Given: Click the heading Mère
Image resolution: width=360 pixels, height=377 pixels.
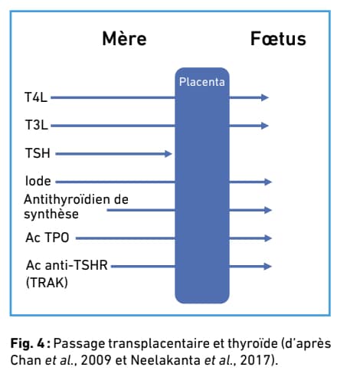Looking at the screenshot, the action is [x=124, y=38].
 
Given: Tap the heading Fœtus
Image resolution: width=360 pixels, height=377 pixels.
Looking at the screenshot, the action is [x=278, y=38].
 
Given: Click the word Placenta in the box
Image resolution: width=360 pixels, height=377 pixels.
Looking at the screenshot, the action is [x=202, y=82].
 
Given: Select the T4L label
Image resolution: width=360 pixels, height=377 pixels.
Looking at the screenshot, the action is [x=36, y=97].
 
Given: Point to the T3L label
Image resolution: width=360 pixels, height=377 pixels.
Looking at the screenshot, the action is [x=36, y=125].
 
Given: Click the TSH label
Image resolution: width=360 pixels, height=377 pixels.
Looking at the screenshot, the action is [x=38, y=153].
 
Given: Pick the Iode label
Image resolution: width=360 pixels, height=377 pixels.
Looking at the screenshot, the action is [x=38, y=181].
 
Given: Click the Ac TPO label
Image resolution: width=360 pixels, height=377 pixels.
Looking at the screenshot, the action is [x=47, y=238].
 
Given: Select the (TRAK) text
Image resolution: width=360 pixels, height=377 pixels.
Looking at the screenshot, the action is [x=47, y=283].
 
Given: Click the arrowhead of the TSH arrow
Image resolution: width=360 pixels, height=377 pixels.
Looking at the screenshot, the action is [x=169, y=154].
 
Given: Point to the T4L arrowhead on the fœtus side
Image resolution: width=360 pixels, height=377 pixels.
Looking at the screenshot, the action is [x=265, y=97].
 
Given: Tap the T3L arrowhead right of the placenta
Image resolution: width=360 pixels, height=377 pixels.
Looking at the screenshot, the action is [x=265, y=126].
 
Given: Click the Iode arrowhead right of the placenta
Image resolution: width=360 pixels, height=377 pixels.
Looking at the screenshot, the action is [x=268, y=182].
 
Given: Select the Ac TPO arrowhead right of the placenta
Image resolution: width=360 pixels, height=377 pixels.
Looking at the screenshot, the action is [x=268, y=238].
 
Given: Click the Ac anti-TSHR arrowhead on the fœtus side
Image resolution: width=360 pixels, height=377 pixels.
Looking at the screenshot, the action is [x=268, y=267].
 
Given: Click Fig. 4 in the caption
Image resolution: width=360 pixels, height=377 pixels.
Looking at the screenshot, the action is [x=28, y=343].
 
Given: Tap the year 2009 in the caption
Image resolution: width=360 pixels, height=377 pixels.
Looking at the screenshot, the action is [x=96, y=360].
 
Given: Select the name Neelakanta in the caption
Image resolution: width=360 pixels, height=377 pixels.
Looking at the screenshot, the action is [x=165, y=360].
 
